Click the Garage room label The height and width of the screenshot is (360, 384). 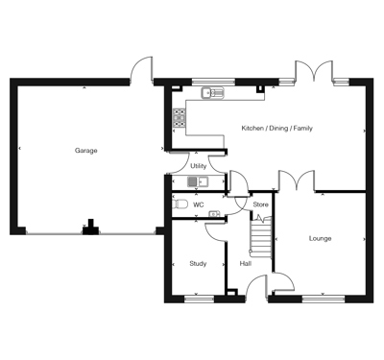click(x=85, y=151)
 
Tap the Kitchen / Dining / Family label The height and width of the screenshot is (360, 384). click(x=276, y=129)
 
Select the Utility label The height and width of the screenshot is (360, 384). click(x=199, y=166)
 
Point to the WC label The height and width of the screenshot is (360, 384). click(x=199, y=204)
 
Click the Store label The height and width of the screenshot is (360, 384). click(x=260, y=204)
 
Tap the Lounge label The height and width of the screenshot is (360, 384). click(x=320, y=238)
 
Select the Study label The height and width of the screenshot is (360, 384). click(x=198, y=264)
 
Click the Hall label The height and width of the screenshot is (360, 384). click(x=246, y=264)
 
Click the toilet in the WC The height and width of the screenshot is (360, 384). click(x=180, y=204)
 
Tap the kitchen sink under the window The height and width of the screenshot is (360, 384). click(x=213, y=93)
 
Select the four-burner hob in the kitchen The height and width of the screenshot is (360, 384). click(x=180, y=118)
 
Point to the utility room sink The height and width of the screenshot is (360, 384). click(x=198, y=182)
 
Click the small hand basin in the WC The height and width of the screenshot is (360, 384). click(x=214, y=214)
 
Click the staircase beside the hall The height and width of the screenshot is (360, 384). click(x=261, y=237)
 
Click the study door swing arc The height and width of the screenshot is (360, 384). click(x=213, y=233)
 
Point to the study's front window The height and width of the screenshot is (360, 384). click(x=199, y=299)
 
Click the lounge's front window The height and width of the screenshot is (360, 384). click(x=324, y=299)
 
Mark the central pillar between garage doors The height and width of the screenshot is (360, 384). click(x=91, y=228)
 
